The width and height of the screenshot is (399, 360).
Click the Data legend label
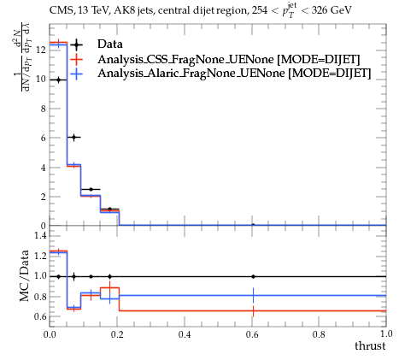coord(110,44)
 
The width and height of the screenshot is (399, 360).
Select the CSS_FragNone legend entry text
coord(229,59)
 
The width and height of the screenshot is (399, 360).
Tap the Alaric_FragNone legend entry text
coord(234,74)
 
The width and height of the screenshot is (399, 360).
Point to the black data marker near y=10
coord(59,80)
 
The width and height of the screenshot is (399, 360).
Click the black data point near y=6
coord(74,138)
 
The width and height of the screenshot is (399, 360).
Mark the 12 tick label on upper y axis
coord(42,50)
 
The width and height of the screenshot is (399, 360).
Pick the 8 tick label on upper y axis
coord(44,109)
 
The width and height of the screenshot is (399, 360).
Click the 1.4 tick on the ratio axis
coord(40,235)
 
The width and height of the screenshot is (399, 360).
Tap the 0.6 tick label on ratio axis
coord(40,316)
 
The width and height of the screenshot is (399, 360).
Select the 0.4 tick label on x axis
coord(185,334)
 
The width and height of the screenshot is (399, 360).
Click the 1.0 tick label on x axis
coord(386,333)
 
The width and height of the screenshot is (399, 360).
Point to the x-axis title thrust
coord(370,346)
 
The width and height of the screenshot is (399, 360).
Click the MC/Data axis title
coord(25,275)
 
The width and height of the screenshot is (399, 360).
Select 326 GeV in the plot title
coord(332,10)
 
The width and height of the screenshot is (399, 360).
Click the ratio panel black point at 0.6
coord(253,276)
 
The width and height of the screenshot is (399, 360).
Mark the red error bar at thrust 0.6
coord(253,311)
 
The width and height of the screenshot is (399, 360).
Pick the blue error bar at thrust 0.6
coord(253,296)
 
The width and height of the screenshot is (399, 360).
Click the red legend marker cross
coord(76,59)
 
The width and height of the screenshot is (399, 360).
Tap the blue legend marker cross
coord(76,74)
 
